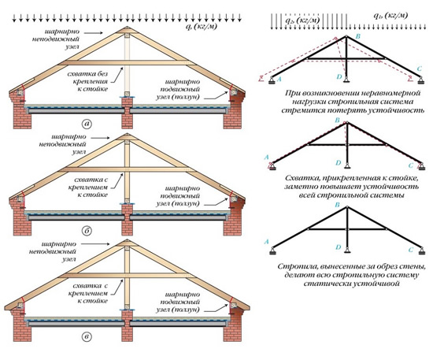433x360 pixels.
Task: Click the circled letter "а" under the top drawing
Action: point(87,124)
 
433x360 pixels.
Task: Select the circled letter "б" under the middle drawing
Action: point(87,231)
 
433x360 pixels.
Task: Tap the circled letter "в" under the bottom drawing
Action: point(87,336)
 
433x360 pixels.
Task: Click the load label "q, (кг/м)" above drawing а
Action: point(202,27)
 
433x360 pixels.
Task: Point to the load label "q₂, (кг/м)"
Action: point(302,20)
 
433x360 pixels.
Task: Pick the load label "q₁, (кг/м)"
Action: point(390,15)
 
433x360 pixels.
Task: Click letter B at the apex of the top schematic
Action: point(358,36)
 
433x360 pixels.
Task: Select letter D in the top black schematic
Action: point(339,76)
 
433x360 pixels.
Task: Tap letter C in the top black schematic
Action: point(420,69)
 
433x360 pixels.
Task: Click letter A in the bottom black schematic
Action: point(266,242)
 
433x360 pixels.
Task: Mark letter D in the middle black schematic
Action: point(339,163)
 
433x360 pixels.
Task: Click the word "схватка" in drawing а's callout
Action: point(80,74)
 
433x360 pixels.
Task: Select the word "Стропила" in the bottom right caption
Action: point(294,267)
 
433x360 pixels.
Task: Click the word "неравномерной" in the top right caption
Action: point(398,93)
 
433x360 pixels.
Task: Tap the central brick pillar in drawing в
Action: point(127,326)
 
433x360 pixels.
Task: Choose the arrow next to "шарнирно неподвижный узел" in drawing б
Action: point(100,137)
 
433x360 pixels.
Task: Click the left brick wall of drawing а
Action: point(20,109)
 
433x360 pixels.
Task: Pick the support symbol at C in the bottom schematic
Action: point(421,251)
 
